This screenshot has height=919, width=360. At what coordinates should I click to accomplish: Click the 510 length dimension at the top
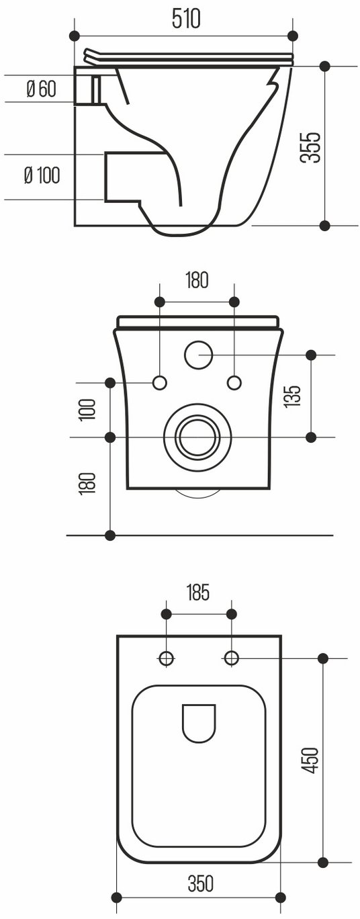point(186,19)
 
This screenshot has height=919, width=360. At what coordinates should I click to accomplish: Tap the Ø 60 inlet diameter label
point(41,89)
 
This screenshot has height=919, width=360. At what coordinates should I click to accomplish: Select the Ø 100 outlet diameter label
point(42,175)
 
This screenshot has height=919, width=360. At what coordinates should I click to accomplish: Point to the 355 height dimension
point(310,147)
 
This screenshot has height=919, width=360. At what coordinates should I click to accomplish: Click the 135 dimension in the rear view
point(294,396)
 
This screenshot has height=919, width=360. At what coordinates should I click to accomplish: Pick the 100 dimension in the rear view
point(88,409)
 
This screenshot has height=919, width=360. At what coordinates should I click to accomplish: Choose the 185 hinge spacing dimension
point(198,593)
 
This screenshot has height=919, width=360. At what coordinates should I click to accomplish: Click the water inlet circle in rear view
point(199,355)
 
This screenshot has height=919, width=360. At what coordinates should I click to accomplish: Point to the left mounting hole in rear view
point(160,383)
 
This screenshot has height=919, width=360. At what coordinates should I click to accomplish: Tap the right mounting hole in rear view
point(234,383)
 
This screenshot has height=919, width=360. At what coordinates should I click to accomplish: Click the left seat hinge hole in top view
point(167,659)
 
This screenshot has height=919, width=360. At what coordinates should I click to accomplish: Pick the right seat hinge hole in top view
point(232,659)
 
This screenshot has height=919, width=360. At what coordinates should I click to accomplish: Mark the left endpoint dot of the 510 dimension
point(74,36)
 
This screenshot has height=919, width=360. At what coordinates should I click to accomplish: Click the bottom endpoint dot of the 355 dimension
point(324,225)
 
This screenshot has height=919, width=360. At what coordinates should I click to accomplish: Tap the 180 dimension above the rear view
point(197,280)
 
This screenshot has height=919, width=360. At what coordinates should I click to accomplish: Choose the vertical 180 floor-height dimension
point(88,482)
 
